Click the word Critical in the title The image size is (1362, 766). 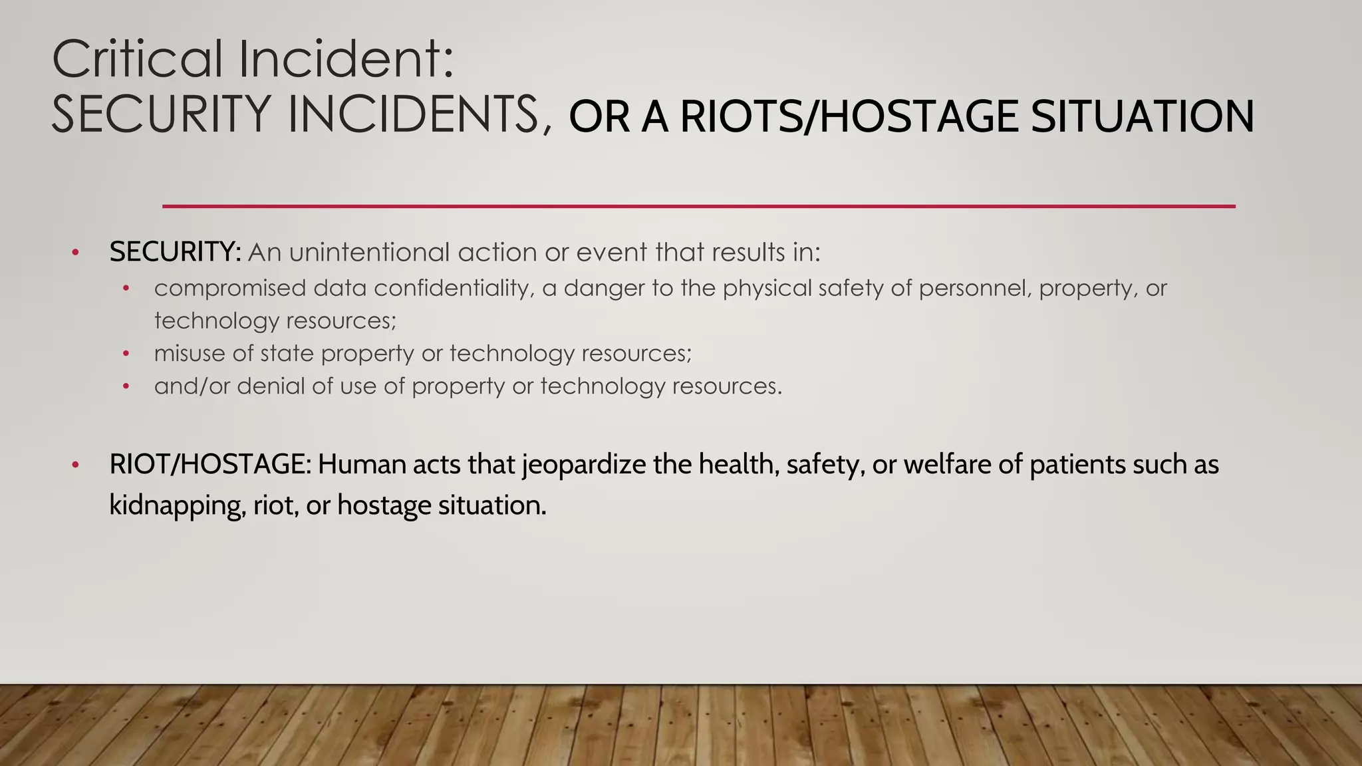137,59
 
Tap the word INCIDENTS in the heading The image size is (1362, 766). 412,114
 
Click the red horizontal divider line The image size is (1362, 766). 698,206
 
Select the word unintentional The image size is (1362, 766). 369,253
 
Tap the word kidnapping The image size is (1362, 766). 178,505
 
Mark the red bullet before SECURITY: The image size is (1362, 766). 76,253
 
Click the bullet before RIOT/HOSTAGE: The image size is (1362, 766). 76,465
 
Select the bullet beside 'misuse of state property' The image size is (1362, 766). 126,354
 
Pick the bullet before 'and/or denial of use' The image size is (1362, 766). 126,386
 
